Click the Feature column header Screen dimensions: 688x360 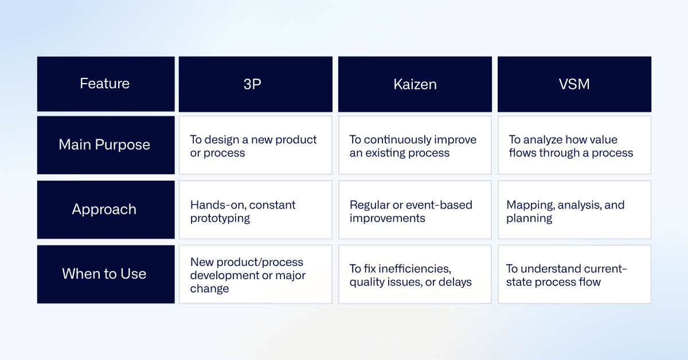pyautogui.click(x=106, y=84)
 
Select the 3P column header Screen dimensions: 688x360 pyautogui.click(x=256, y=84)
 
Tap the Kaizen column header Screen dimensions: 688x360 pyautogui.click(x=415, y=84)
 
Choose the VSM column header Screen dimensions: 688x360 pyautogui.click(x=574, y=84)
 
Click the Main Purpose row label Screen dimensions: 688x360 pyautogui.click(x=106, y=145)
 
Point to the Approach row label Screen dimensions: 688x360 pyautogui.click(x=106, y=209)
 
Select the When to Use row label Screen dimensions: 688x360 pyautogui.click(x=106, y=274)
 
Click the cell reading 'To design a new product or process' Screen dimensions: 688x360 pyautogui.click(x=256, y=145)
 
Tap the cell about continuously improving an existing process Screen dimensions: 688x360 pyautogui.click(x=415, y=145)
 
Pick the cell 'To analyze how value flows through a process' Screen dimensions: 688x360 pyautogui.click(x=574, y=145)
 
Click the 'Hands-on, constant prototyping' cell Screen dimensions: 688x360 pyautogui.click(x=256, y=209)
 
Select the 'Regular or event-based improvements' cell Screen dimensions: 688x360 pyautogui.click(x=415, y=209)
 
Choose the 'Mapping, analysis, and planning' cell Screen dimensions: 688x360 pyautogui.click(x=574, y=209)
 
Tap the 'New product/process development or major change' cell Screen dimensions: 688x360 pyautogui.click(x=256, y=274)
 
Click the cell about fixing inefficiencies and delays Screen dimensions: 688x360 pyautogui.click(x=415, y=274)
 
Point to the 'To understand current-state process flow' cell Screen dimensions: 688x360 pyautogui.click(x=574, y=274)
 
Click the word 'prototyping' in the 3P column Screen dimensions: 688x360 pyautogui.click(x=220, y=219)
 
